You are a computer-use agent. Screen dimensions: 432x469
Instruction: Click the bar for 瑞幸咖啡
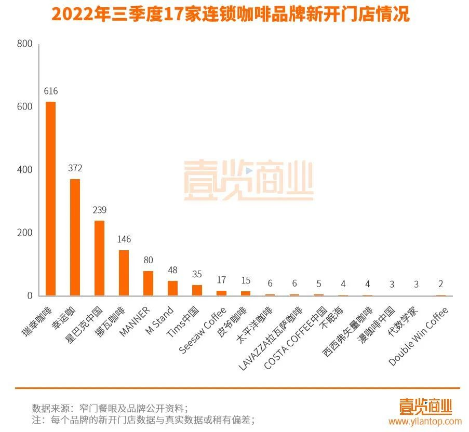[x=50, y=198]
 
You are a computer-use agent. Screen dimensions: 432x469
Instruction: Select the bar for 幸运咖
[x=75, y=237]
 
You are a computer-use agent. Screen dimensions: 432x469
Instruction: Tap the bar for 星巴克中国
[x=99, y=258]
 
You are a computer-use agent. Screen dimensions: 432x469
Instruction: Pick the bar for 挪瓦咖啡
[x=124, y=273]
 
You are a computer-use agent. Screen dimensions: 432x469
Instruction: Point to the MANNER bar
[x=148, y=283]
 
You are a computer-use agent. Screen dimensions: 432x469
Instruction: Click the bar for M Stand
[x=172, y=288]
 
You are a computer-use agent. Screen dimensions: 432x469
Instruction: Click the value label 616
[x=50, y=91]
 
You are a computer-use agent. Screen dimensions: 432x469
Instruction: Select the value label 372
[x=75, y=168]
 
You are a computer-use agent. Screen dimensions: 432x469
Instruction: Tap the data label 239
[x=99, y=210]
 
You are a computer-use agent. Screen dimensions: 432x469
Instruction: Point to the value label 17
[x=221, y=280]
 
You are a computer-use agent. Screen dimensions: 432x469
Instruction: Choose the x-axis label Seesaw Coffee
[x=204, y=330]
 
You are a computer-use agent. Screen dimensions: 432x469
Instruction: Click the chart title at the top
[x=230, y=15]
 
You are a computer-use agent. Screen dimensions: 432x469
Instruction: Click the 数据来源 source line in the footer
[x=110, y=408]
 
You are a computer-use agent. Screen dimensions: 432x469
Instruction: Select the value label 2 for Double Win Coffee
[x=441, y=283]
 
